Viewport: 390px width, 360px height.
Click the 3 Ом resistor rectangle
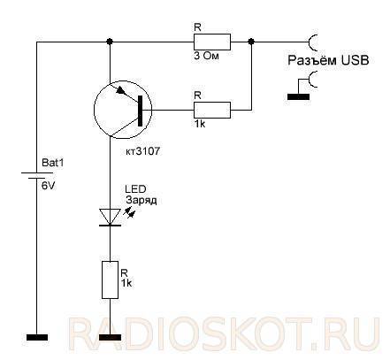pyautogui.click(x=212, y=42)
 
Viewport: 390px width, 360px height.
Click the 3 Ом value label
pyautogui.click(x=206, y=56)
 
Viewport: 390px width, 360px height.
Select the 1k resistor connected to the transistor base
pyautogui.click(x=212, y=111)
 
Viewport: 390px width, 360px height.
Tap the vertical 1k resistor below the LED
pyautogui.click(x=110, y=280)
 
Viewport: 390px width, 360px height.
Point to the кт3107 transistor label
pyautogui.click(x=142, y=151)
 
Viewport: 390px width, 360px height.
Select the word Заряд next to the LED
pyautogui.click(x=141, y=201)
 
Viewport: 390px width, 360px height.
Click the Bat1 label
pyautogui.click(x=53, y=163)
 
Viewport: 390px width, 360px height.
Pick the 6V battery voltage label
pyautogui.click(x=48, y=187)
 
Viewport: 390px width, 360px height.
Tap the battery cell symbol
pyautogui.click(x=36, y=175)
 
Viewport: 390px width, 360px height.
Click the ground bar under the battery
pyautogui.click(x=37, y=337)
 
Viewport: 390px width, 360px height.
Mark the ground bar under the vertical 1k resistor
pyautogui.click(x=110, y=337)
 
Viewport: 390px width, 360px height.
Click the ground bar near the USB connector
pyautogui.click(x=299, y=96)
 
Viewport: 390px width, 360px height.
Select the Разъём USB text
pyautogui.click(x=328, y=60)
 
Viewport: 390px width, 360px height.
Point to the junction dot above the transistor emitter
pyautogui.click(x=110, y=42)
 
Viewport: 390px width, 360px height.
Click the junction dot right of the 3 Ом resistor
pyautogui.click(x=251, y=42)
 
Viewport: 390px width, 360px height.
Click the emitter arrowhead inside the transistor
pyautogui.click(x=120, y=90)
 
